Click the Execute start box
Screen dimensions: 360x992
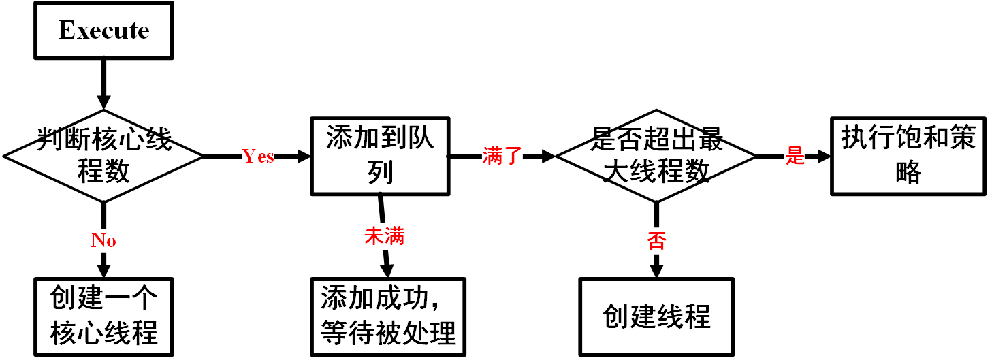(x=103, y=31)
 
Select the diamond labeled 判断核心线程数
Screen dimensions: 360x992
(x=103, y=156)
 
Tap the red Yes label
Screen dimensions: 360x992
(x=258, y=157)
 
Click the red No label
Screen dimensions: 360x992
(x=103, y=240)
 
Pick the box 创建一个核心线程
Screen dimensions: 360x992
(x=103, y=316)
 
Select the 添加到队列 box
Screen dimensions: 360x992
(x=380, y=156)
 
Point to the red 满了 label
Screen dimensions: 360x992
(x=502, y=156)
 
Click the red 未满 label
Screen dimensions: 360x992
(x=385, y=236)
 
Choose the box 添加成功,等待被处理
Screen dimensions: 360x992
(x=387, y=316)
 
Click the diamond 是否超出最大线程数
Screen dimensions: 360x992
(x=656, y=156)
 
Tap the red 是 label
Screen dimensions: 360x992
(x=795, y=156)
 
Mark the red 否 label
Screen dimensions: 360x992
(x=656, y=240)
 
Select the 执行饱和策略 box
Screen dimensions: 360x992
(x=908, y=156)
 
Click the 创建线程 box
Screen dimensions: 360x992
(x=656, y=316)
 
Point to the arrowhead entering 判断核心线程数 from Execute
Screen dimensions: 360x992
(x=103, y=102)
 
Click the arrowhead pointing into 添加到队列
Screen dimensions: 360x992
(x=302, y=156)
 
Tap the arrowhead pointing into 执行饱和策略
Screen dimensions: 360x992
(x=822, y=156)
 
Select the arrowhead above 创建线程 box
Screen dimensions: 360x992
(x=656, y=269)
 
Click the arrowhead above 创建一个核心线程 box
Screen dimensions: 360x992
(x=103, y=269)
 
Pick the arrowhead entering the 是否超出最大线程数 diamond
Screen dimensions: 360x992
(x=547, y=156)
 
